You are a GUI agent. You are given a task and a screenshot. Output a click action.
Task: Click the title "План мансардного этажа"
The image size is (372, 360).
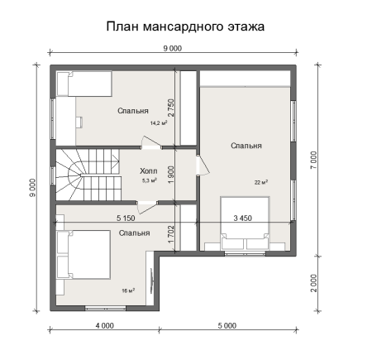[185, 26]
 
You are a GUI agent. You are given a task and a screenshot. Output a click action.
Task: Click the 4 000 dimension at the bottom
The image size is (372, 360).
[104, 326]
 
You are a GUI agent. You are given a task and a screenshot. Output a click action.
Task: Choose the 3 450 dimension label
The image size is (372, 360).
[243, 218]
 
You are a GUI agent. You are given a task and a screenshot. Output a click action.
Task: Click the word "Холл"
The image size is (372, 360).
[149, 169]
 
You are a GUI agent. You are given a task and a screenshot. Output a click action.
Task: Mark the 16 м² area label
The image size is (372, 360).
[128, 290]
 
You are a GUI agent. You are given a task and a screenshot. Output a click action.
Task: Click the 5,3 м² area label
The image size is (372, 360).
[150, 180]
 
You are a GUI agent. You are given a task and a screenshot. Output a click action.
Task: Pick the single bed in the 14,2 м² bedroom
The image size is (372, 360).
[83, 84]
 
